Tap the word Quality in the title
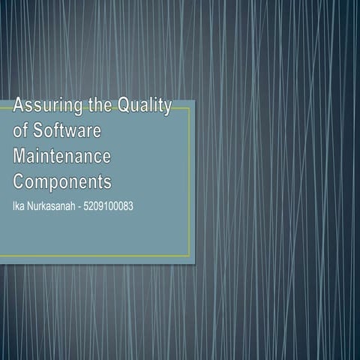tap(143, 107)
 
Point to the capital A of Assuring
tap(19, 107)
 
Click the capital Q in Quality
tap(121, 107)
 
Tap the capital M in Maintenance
tap(21, 157)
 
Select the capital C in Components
tap(20, 181)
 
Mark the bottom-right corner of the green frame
tap(190, 255)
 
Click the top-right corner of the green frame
tap(190, 108)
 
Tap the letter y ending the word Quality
tap(166, 109)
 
